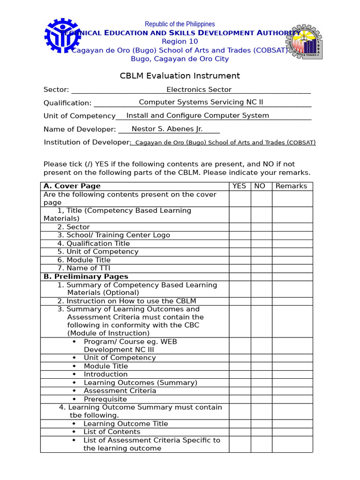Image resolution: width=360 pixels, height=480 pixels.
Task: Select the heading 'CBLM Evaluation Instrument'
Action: point(180,75)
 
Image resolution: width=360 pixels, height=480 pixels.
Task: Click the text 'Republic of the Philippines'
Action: point(180,24)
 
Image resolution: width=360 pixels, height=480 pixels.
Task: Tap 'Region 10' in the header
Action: point(180,42)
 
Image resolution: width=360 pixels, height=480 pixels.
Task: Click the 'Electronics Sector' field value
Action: point(199,90)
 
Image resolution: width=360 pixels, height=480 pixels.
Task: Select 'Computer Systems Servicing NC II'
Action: point(201,102)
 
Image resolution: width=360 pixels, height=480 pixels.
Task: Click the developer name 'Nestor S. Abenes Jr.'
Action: point(167,129)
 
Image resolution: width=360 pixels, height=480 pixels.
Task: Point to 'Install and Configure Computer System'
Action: point(198,115)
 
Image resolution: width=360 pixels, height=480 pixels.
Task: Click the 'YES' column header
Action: point(239,186)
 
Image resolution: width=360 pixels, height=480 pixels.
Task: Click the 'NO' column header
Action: point(260,186)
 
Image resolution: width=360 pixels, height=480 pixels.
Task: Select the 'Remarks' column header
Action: point(291,186)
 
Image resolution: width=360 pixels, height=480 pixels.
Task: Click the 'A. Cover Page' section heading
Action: point(72,186)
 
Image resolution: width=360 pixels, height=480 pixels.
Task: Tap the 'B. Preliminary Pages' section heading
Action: point(86,277)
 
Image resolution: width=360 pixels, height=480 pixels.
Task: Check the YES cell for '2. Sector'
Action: point(239,227)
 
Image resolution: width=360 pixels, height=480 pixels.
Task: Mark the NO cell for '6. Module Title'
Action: point(261,260)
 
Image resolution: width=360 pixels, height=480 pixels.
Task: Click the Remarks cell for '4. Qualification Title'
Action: point(292,243)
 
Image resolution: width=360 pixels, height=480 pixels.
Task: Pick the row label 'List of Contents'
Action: point(112,432)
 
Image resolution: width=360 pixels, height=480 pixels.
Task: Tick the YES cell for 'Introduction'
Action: point(239,374)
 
